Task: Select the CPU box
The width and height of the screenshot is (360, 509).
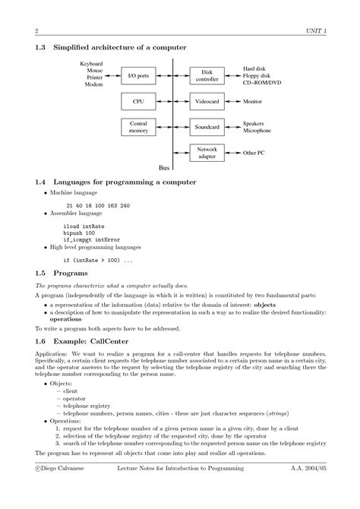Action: coord(138,101)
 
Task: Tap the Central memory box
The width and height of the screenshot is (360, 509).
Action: coord(138,127)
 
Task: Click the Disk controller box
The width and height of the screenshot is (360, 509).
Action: coord(207,76)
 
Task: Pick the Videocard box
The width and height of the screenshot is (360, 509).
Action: coord(207,101)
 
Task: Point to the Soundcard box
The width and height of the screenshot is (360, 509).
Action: coord(207,127)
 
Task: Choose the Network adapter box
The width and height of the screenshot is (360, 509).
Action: coord(207,153)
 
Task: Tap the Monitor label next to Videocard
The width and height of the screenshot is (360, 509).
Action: coord(252,101)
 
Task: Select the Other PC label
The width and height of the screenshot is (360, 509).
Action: coord(253,153)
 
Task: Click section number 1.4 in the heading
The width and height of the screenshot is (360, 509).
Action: coord(42,182)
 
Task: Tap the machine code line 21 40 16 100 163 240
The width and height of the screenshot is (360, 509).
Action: coord(97,206)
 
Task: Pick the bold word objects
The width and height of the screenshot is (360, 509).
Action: coord(264,304)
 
